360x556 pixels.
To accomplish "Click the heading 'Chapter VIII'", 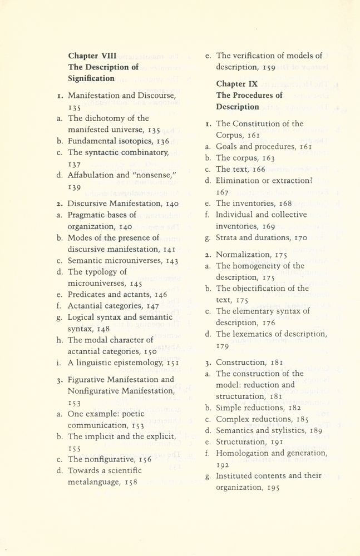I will coord(92,56).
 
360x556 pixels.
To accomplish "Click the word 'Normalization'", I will coord(242,255).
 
